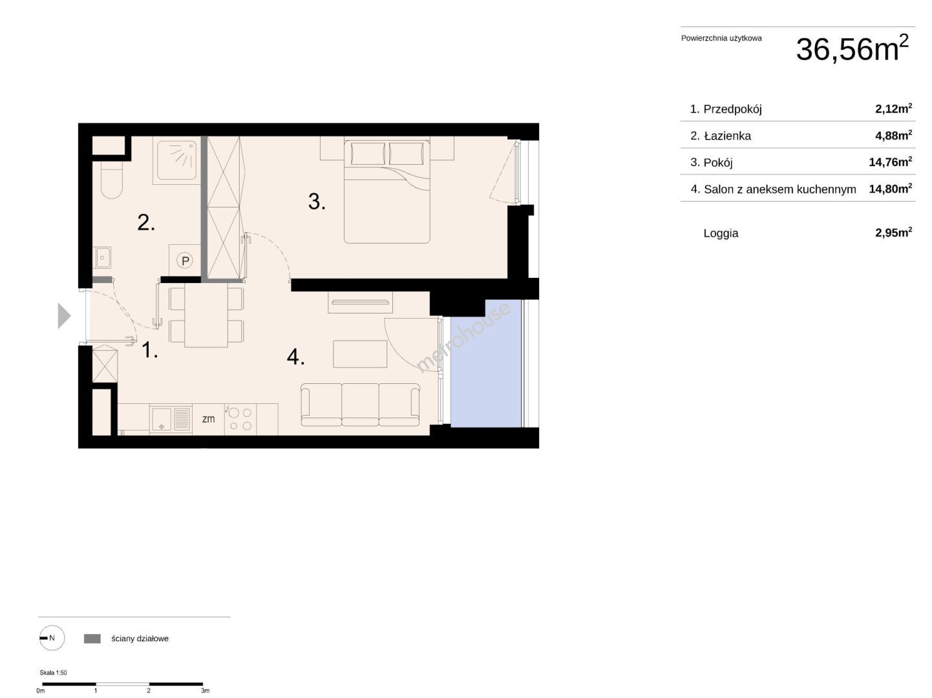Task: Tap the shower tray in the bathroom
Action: (176, 160)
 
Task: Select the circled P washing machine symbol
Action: (185, 260)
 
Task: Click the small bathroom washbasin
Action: (102, 257)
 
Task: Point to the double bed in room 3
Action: (387, 191)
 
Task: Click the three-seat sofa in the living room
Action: (360, 405)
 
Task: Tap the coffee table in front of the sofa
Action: (359, 354)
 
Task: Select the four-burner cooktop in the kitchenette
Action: (240, 419)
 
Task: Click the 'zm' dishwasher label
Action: (208, 419)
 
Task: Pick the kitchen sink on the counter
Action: (170, 419)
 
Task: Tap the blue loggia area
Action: (486, 363)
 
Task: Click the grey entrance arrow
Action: (64, 315)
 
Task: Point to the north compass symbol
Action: (52, 638)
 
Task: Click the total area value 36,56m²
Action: (852, 49)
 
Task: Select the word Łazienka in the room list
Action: (727, 136)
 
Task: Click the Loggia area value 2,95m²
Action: (893, 232)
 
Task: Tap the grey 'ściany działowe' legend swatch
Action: (92, 639)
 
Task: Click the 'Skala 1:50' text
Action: (53, 673)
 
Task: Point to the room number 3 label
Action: (317, 201)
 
